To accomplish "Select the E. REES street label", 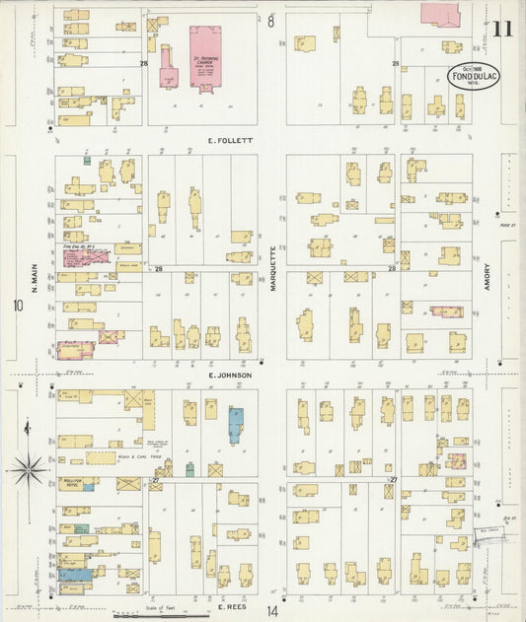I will [x=231, y=608].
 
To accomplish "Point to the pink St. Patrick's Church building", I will [x=205, y=57].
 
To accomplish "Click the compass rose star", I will [x=29, y=468].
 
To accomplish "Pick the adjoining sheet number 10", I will [x=17, y=306].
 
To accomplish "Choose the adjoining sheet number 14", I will [x=272, y=611].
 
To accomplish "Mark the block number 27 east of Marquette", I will [x=392, y=480].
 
